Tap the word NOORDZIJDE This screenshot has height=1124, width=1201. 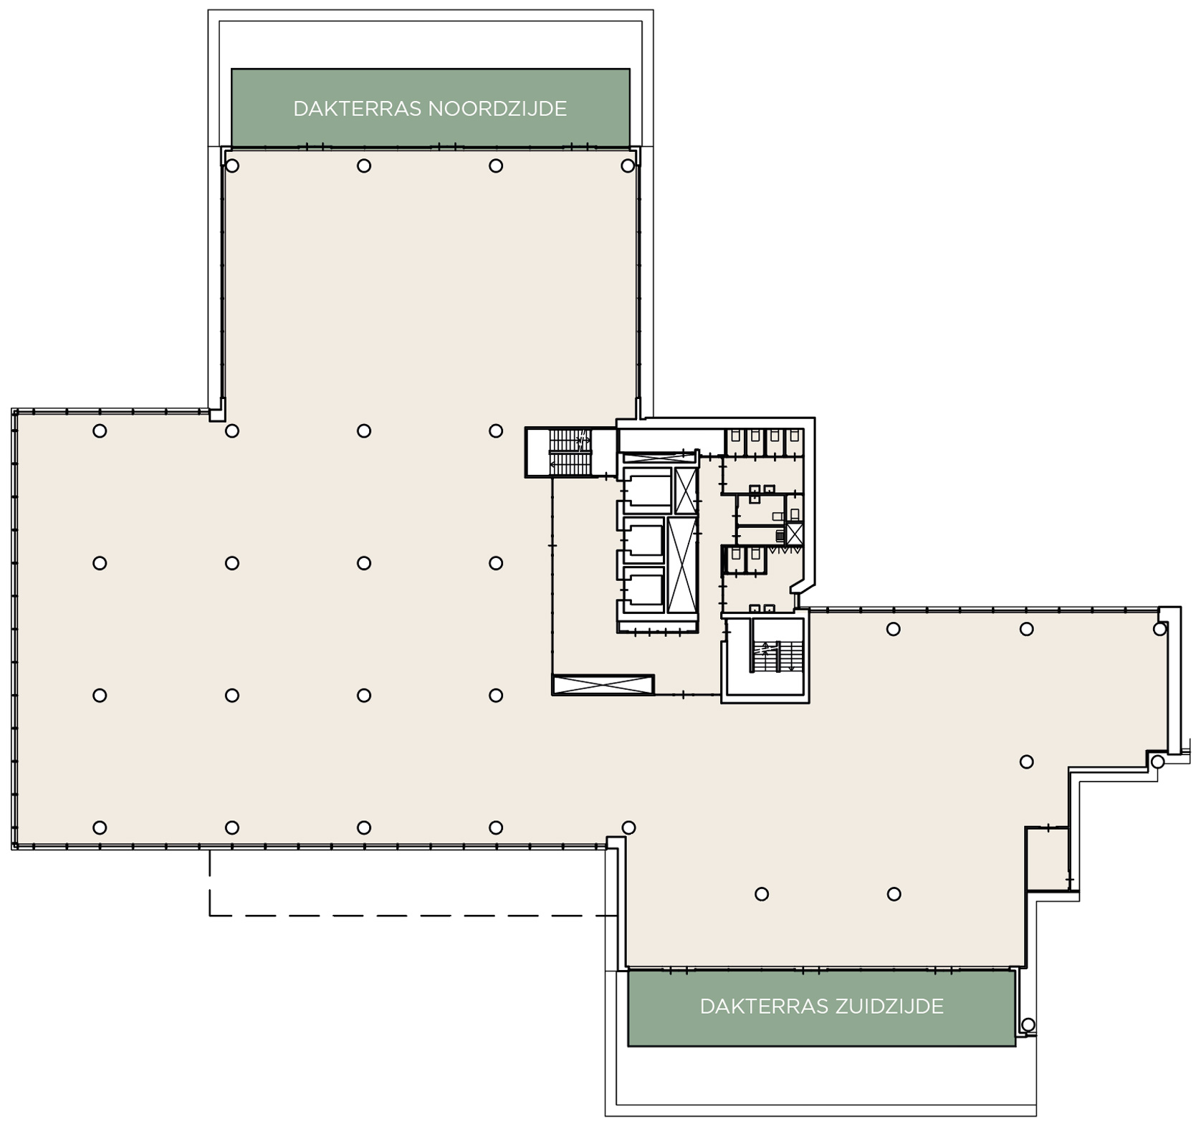[x=497, y=109]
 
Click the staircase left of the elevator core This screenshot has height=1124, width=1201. [x=570, y=452]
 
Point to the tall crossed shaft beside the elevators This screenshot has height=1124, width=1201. [x=682, y=565]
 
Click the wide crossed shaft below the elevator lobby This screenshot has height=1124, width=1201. [x=603, y=685]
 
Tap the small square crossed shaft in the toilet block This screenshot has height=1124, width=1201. [x=794, y=534]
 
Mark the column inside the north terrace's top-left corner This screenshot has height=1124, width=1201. [x=232, y=166]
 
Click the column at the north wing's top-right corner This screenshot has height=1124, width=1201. [x=628, y=166]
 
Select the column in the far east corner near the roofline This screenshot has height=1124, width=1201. [x=1159, y=629]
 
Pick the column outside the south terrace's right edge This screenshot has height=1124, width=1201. [x=1028, y=1025]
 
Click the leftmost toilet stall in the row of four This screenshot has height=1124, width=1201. [x=735, y=442]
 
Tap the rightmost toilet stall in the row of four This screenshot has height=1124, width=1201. [x=793, y=442]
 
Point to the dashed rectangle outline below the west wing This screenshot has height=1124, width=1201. [x=413, y=916]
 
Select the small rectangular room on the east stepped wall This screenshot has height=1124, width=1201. [x=1047, y=859]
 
